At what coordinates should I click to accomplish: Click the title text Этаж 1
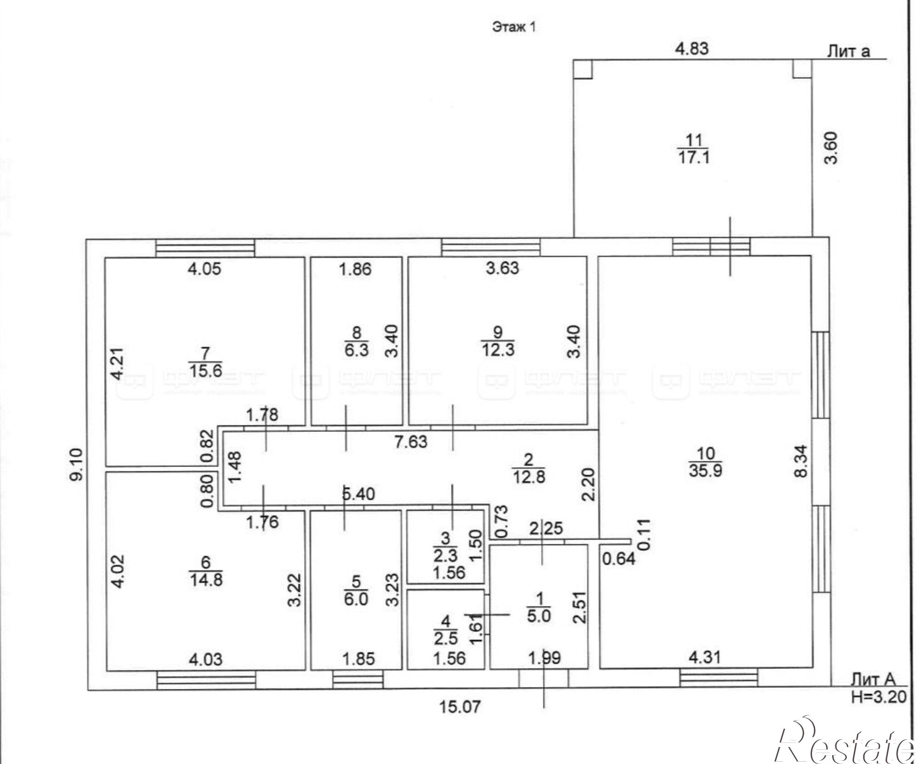pos(514,28)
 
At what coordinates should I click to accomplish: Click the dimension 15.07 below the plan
pos(461,707)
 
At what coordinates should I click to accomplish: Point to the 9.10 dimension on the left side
pos(77,464)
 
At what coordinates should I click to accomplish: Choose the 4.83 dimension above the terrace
pos(692,49)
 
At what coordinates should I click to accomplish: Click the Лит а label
pos(848,51)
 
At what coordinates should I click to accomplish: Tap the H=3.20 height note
pos(878,697)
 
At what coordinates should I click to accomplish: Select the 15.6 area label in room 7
pos(205,369)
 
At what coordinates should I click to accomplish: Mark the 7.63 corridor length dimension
pos(411,442)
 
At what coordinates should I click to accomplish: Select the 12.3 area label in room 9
pos(498,350)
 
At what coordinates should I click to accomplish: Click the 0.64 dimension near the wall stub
pos(619,559)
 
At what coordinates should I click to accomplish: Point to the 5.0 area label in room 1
pos(539,616)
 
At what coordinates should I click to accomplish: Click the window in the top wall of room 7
pos(205,248)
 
